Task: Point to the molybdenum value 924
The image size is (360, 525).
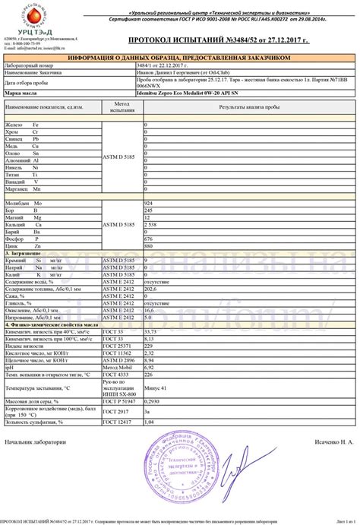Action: click(x=148, y=204)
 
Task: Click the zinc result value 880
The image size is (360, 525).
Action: click(x=148, y=247)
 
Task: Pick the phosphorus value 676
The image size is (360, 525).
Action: click(x=148, y=239)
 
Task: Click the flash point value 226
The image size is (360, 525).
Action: click(x=148, y=375)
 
